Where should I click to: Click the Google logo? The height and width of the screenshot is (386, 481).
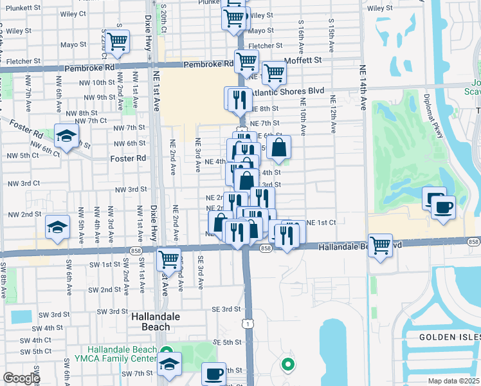tap(21, 378)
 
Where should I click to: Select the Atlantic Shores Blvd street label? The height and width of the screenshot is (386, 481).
tap(286, 91)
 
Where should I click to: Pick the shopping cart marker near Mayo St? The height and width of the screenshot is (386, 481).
tap(118, 42)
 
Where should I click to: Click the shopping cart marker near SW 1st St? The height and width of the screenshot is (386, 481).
tap(168, 259)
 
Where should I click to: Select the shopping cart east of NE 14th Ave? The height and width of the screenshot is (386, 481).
tap(381, 244)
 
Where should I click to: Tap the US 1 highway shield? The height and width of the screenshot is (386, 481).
tap(248, 324)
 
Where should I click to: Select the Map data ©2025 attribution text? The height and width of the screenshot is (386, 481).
tap(453, 381)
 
